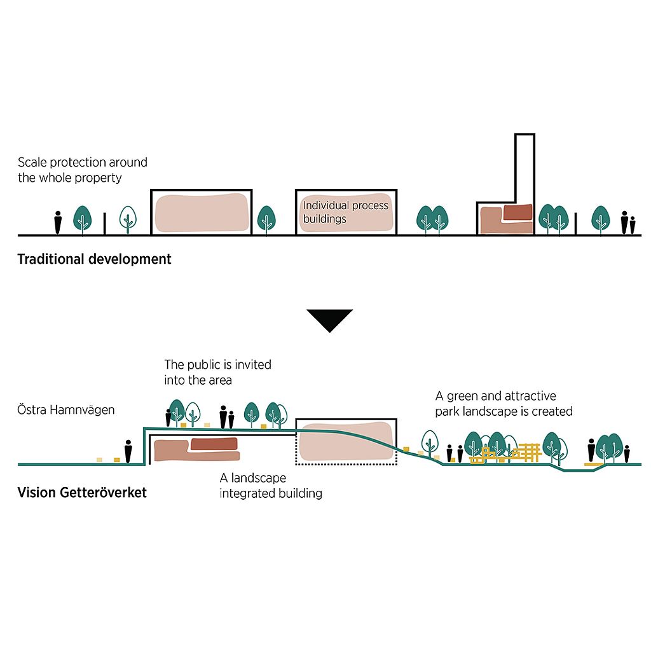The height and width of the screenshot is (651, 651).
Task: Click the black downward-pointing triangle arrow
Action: click(329, 320)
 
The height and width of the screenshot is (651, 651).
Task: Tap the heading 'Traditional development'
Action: click(94, 259)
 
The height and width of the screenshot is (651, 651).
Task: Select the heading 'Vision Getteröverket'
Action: click(82, 493)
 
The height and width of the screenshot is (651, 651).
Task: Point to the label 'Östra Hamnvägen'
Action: click(66, 410)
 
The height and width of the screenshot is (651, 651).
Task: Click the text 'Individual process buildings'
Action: click(345, 212)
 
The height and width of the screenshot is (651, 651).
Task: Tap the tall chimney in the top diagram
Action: click(524, 168)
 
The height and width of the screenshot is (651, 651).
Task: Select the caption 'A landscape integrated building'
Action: click(271, 486)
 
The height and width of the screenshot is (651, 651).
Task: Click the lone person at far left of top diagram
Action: click(58, 222)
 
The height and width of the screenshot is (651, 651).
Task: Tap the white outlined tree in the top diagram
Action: click(128, 219)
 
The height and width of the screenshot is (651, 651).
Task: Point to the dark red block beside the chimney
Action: click(518, 212)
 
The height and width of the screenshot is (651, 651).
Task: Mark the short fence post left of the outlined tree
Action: click(105, 224)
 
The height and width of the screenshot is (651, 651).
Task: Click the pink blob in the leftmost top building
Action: click(201, 212)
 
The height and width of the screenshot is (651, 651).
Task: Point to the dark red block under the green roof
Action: click(212, 443)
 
